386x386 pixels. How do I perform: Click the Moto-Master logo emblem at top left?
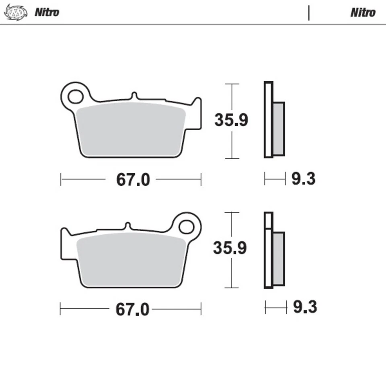coord(15,12)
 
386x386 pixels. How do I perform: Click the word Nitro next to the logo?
coord(47,12)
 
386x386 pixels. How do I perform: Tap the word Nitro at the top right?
coord(363,12)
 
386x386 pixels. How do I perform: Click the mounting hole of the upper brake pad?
coord(75,96)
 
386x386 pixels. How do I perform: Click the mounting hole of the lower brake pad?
coord(186,227)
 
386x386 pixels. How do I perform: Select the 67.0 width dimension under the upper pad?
coord(133,180)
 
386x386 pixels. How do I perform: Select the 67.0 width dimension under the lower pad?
coord(132,310)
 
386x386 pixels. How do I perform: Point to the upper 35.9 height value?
coord(231,120)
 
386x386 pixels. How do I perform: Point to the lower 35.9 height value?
coord(230,248)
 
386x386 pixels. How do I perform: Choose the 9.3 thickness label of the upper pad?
coord(304,179)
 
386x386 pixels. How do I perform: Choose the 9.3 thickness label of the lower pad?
coord(305,308)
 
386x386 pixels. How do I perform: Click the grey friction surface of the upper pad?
coord(131,129)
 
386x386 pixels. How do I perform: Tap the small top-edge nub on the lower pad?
coord(127,226)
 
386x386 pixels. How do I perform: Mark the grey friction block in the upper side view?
coord(279,129)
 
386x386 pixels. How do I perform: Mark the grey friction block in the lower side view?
coord(279,259)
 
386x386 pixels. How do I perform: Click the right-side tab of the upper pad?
coord(196,115)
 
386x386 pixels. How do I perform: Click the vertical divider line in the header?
coord(309,12)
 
